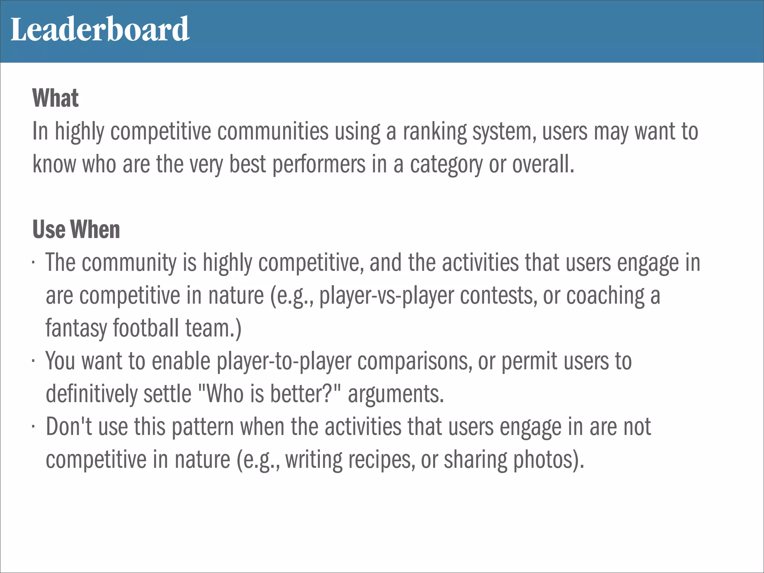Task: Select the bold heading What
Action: tap(56, 98)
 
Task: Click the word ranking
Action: tap(435, 132)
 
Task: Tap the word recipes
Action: tap(382, 460)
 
